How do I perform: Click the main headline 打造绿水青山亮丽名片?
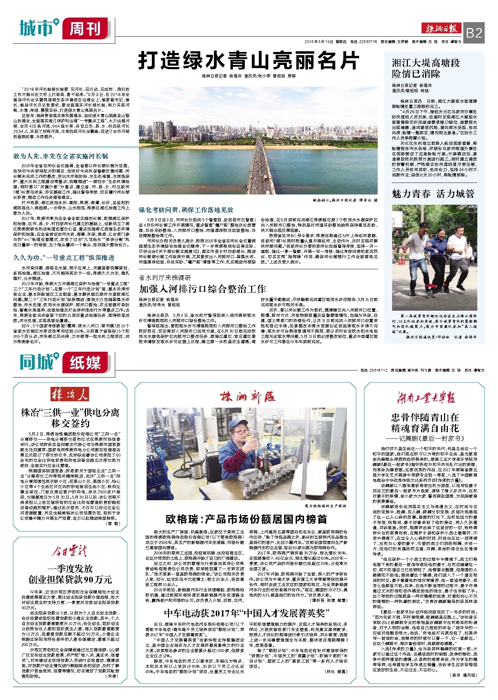[x=248, y=61]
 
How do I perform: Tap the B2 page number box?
[x=474, y=33]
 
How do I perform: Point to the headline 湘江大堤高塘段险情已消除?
[x=425, y=68]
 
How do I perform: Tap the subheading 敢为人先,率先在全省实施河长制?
[x=61, y=156]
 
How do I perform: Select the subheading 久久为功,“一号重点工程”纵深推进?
[x=64, y=258]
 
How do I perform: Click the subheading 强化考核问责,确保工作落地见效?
[x=186, y=210]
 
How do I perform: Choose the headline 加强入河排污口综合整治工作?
[x=202, y=289]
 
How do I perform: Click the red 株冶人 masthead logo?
[x=70, y=395]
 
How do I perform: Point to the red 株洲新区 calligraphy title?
[x=248, y=397]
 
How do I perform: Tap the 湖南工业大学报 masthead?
[x=426, y=398]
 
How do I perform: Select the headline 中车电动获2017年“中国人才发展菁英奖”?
[x=247, y=613]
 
